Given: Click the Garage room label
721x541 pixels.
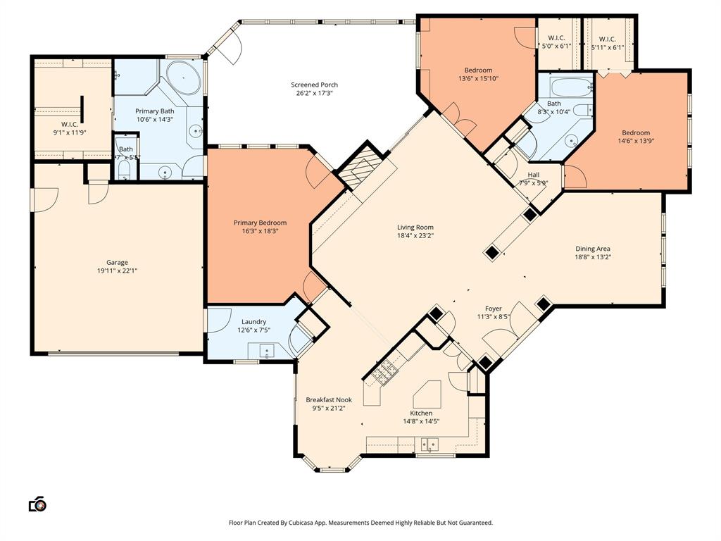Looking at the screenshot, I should pyautogui.click(x=117, y=262).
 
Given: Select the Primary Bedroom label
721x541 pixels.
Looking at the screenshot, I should pyautogui.click(x=260, y=223).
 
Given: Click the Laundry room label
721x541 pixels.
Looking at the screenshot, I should pyautogui.click(x=253, y=322).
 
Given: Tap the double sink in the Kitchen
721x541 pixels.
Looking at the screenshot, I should pyautogui.click(x=429, y=444).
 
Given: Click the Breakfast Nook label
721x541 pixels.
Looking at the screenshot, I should pyautogui.click(x=328, y=399).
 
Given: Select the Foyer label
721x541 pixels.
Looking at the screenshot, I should pyautogui.click(x=493, y=309).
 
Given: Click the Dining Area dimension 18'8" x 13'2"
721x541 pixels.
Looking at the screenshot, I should pyautogui.click(x=593, y=257).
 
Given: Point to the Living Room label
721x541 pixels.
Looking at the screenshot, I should pyautogui.click(x=415, y=228).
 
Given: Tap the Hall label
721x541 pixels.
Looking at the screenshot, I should pyautogui.click(x=534, y=175).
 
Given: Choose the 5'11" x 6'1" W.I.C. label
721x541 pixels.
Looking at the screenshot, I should pyautogui.click(x=607, y=39).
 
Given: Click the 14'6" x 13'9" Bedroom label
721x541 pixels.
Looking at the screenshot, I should pyautogui.click(x=635, y=132).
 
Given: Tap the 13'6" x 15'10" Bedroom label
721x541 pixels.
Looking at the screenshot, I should pyautogui.click(x=477, y=70).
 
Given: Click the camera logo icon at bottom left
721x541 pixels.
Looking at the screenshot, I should pyautogui.click(x=37, y=504).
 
